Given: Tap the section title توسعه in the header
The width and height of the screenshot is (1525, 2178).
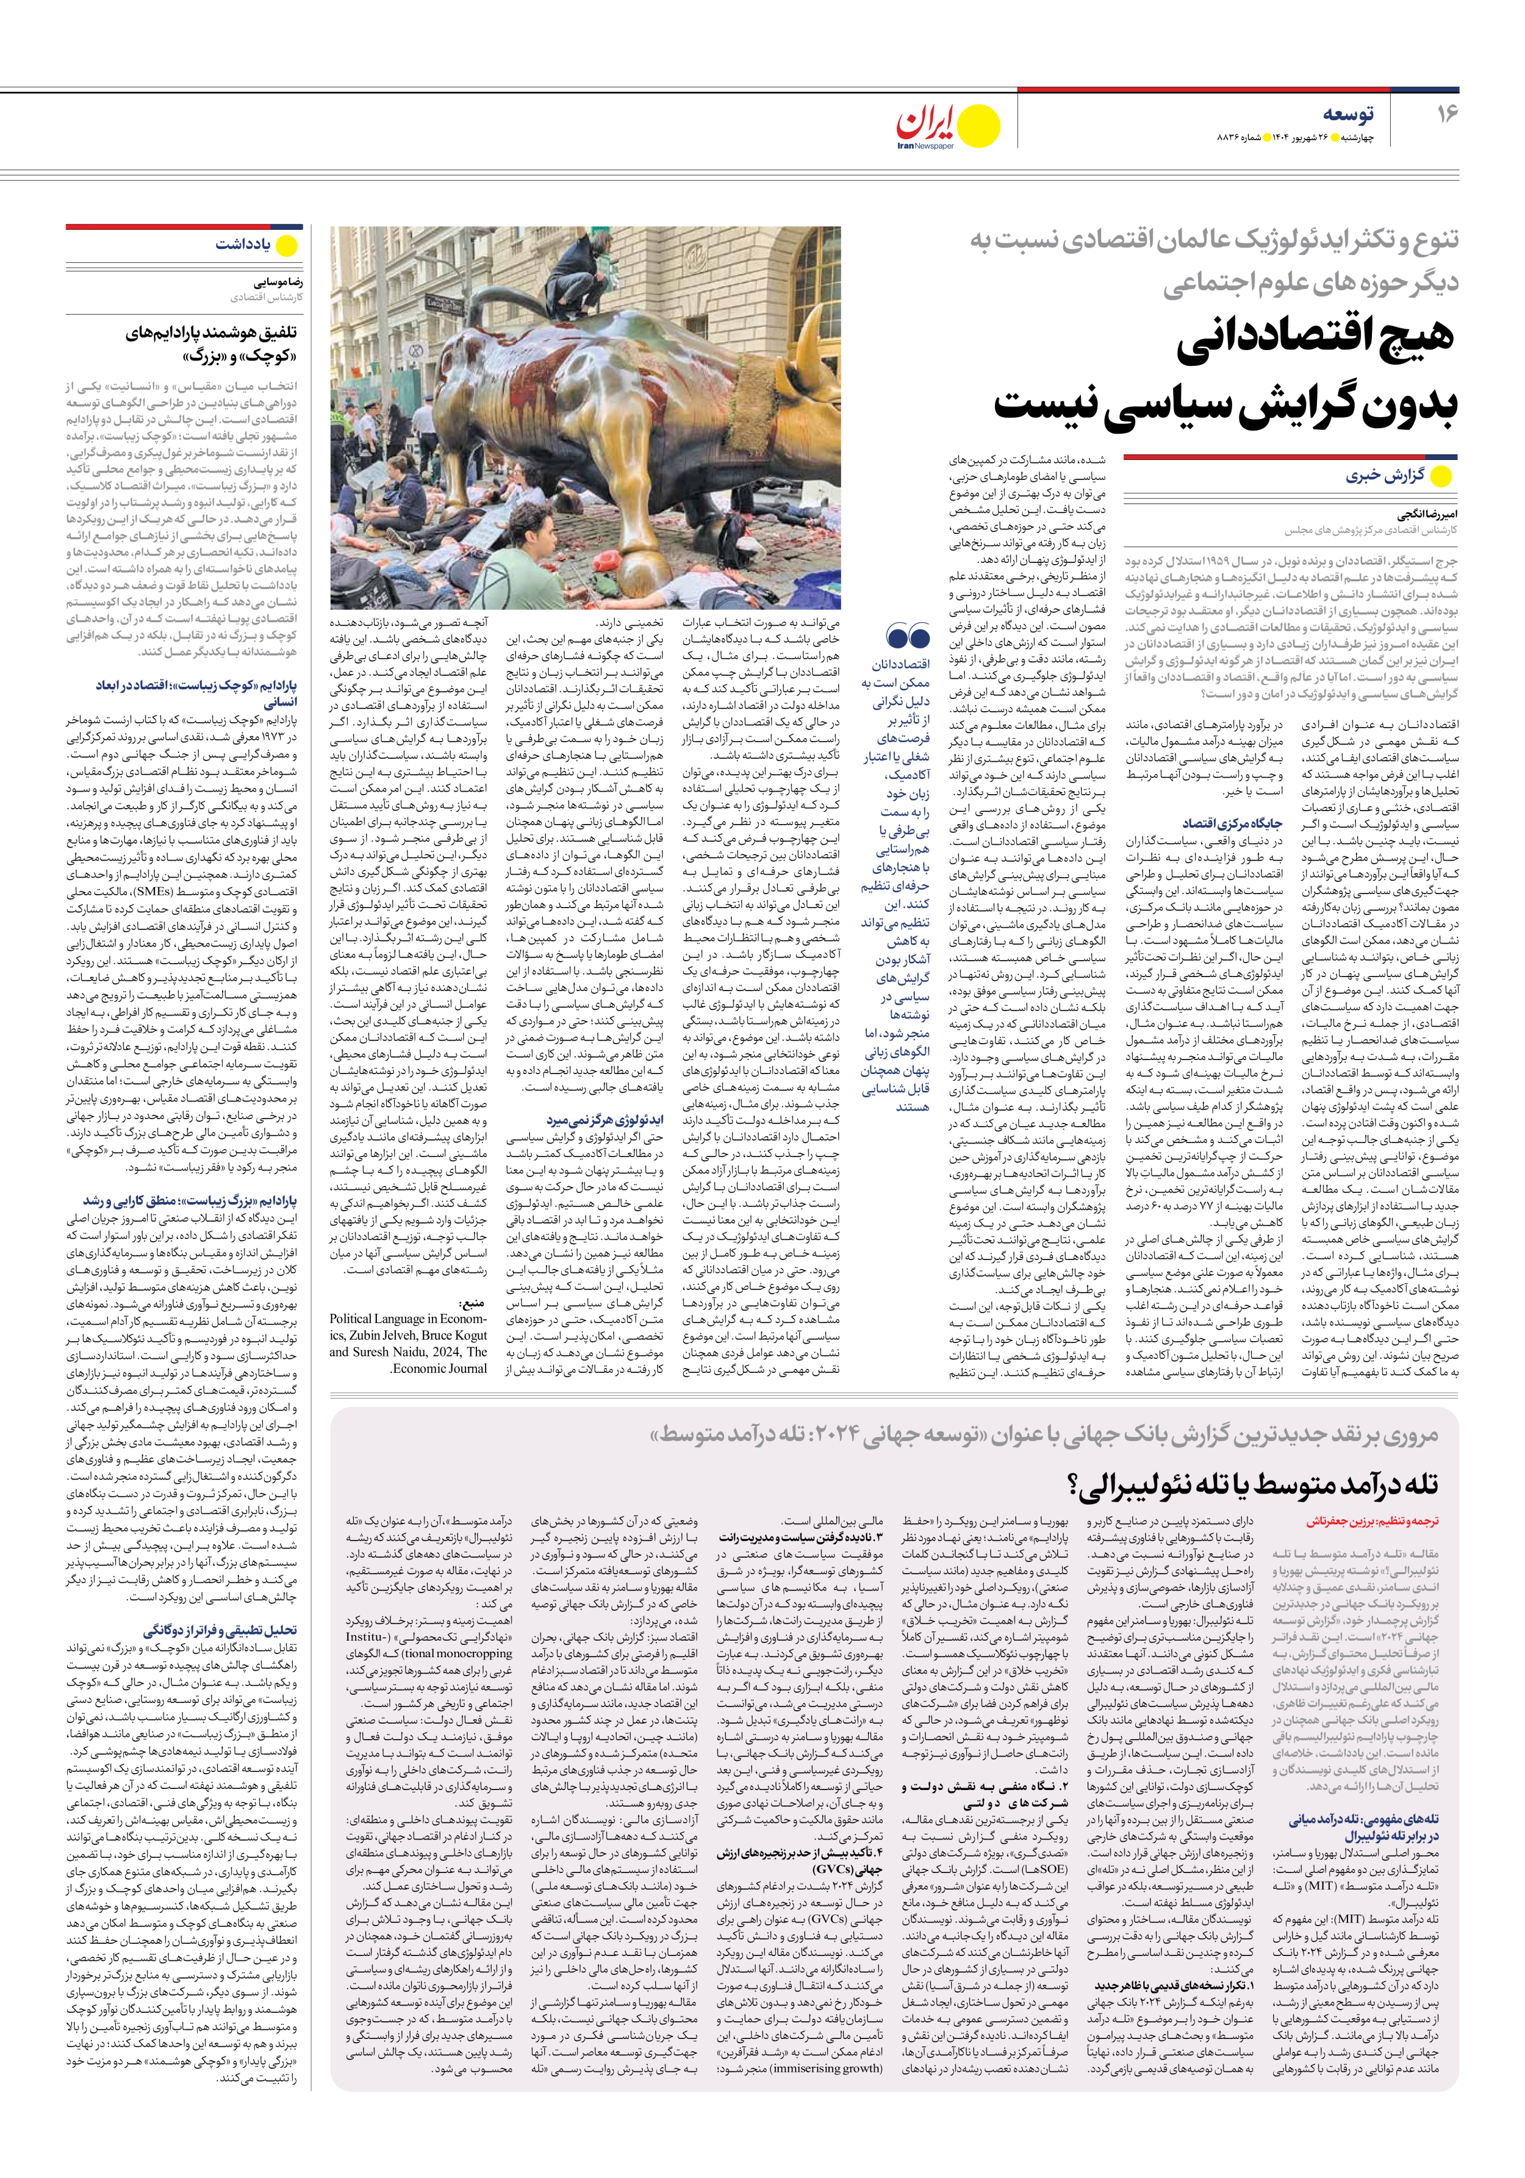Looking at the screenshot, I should [1349, 114].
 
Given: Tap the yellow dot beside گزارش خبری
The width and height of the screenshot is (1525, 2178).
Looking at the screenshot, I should [1441, 476].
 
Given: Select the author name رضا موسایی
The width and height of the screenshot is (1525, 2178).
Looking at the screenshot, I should [278, 282].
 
